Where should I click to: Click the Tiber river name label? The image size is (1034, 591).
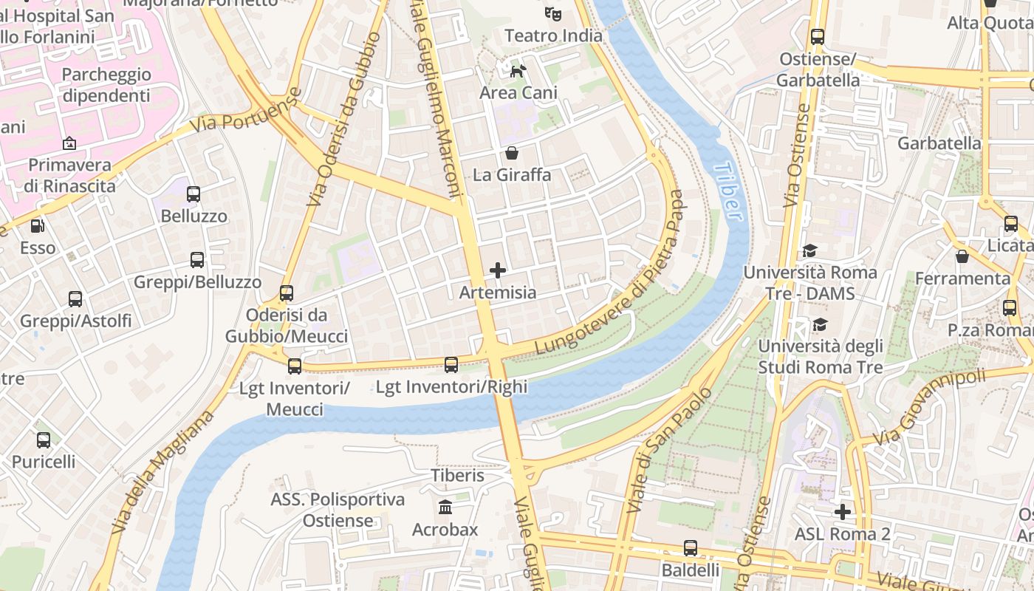(x=728, y=191)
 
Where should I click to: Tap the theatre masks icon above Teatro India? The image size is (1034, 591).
(x=552, y=13)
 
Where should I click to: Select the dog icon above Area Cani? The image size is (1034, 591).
(x=518, y=71)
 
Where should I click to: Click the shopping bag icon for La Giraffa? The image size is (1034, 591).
(x=511, y=153)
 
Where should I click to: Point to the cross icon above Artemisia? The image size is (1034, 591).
(x=498, y=270)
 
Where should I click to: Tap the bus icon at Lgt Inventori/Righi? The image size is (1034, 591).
(x=451, y=364)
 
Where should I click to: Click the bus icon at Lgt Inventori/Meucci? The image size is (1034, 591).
(x=295, y=366)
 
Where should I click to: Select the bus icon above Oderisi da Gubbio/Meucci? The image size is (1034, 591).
(x=287, y=293)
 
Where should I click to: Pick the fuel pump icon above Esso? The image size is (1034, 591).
(x=37, y=226)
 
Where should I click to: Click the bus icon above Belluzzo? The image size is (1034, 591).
(x=194, y=194)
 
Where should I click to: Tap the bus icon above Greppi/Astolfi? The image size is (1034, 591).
(x=75, y=299)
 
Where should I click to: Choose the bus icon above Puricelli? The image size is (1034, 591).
(x=44, y=440)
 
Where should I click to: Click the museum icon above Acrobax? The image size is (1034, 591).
(x=445, y=508)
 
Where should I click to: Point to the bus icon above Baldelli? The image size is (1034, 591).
(x=691, y=548)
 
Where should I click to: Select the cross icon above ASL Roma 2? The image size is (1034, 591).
(x=843, y=511)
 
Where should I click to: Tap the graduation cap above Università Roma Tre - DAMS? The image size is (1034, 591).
(x=810, y=250)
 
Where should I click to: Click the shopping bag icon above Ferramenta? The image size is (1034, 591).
(x=962, y=256)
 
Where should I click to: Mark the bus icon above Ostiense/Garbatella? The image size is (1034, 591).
(x=818, y=36)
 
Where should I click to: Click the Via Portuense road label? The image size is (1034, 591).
(x=247, y=111)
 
